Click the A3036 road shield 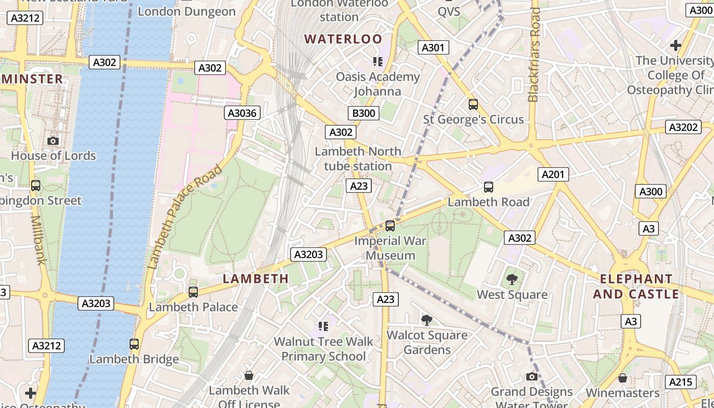click(x=242, y=113)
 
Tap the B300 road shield click(x=364, y=113)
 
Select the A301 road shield click(x=433, y=48)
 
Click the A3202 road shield click(x=683, y=127)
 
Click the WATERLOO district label click(x=343, y=39)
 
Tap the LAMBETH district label click(x=256, y=278)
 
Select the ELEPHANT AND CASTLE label click(x=636, y=287)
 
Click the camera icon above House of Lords click(x=53, y=141)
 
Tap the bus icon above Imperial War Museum click(x=390, y=225)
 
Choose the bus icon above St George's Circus click(x=473, y=105)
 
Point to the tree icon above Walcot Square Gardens click(x=427, y=320)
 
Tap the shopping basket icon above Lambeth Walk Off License click(x=249, y=376)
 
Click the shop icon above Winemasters click(x=622, y=378)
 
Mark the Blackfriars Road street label click(x=534, y=55)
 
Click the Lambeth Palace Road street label click(x=185, y=217)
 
